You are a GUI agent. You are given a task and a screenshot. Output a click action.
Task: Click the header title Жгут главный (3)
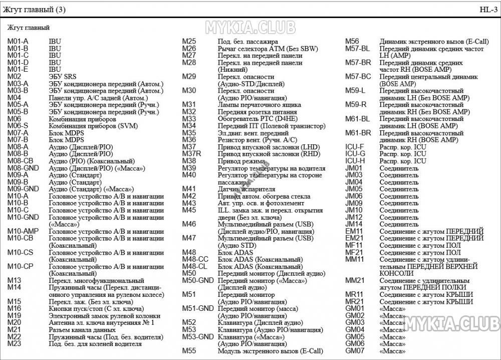point(34,10)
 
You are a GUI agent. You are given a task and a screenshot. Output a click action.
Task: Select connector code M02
point(14,77)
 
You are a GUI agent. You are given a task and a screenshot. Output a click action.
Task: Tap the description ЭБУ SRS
point(63,77)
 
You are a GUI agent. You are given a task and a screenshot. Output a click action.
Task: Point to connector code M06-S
point(18,126)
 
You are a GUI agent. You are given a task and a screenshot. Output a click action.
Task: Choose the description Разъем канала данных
point(82,330)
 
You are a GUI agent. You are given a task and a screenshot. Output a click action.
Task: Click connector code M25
point(189,42)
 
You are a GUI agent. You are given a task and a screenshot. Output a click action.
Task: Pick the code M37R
point(191,154)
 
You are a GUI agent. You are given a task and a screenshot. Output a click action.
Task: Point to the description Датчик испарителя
point(246,189)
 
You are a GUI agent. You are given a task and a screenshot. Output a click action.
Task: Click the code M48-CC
point(195,259)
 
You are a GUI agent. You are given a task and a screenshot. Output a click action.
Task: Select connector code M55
point(189,351)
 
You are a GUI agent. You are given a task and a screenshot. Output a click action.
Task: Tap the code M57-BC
point(358,77)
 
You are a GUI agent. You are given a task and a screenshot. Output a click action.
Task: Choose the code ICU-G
point(355,154)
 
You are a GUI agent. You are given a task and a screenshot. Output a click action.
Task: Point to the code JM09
point(354,203)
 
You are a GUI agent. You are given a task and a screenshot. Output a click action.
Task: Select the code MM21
point(354,281)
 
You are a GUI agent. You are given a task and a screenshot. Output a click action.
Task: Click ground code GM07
point(354,350)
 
